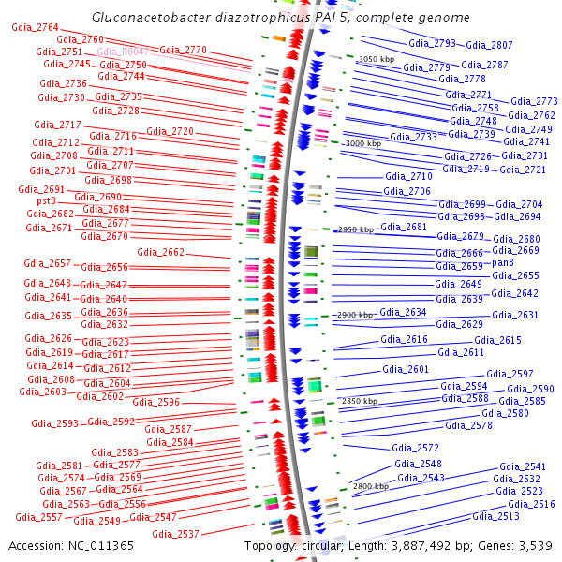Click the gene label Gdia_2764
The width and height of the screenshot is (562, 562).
35,28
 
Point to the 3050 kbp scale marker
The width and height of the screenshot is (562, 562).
377,59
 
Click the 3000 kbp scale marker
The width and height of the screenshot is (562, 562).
363,144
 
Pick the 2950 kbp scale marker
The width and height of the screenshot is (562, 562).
356,229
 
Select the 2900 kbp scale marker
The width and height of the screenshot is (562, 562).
355,316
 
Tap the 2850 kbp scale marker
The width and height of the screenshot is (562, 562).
360,401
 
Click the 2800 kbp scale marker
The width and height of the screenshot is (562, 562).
370,487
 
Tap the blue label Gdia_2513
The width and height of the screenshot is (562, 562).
495,516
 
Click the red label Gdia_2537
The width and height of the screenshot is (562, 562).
175,535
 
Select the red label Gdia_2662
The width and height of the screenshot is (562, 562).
160,252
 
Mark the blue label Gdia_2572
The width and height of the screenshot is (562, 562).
415,448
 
